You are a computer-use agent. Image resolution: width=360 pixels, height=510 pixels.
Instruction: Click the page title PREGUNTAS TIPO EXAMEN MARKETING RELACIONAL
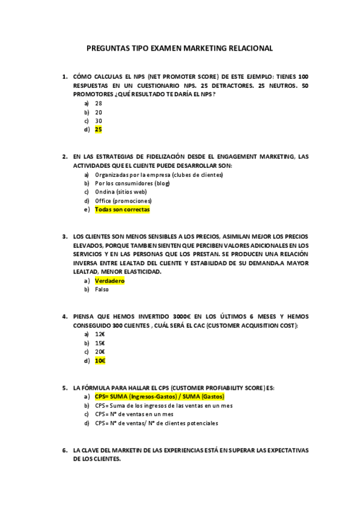click(180, 48)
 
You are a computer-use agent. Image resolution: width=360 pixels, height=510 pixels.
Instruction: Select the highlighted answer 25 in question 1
click(99, 129)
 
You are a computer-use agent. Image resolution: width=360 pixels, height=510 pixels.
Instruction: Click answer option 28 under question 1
click(99, 103)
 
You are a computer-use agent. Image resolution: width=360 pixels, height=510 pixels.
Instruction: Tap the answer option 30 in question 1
click(99, 121)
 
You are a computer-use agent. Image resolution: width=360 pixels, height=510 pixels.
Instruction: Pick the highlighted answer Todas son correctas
click(122, 209)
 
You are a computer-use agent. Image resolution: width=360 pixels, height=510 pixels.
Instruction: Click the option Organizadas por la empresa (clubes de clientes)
click(159, 175)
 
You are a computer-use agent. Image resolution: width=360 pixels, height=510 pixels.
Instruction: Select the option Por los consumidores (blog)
click(132, 183)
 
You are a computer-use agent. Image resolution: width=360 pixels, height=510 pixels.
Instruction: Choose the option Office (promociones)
click(123, 201)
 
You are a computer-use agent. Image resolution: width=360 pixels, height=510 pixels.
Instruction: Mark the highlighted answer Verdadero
click(109, 281)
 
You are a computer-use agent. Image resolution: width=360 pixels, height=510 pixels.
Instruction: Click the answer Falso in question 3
click(102, 289)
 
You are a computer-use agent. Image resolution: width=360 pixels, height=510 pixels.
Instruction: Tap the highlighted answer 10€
click(100, 360)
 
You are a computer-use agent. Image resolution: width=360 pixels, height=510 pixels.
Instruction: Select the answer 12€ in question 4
click(100, 334)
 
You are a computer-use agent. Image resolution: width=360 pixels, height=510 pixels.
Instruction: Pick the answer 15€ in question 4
click(100, 343)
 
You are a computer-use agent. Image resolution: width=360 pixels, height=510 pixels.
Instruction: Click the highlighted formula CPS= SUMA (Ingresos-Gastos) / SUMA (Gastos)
click(160, 397)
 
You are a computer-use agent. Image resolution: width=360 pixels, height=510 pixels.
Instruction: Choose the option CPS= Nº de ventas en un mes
click(134, 414)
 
